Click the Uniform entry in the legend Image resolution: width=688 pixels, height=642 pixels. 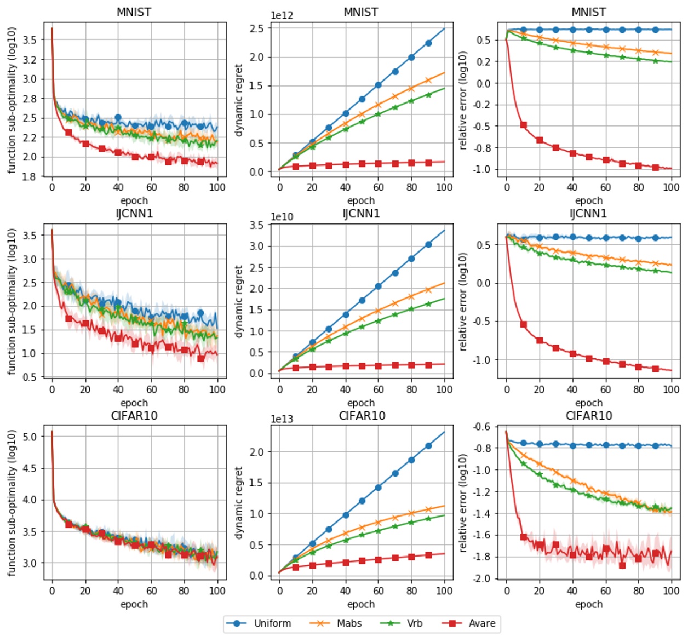tap(272, 623)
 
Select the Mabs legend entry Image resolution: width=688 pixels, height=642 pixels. tap(349, 623)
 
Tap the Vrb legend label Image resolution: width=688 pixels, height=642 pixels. tap(415, 623)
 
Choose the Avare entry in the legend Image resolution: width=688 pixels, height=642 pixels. tap(481, 623)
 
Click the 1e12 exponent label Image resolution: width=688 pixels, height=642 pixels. tap(282, 15)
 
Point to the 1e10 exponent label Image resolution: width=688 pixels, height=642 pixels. tap(282, 217)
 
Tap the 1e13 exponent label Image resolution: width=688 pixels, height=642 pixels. tap(282, 419)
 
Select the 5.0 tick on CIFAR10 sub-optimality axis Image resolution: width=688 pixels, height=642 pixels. tap(30, 437)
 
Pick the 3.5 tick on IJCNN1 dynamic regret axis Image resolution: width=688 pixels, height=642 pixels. tap(256, 225)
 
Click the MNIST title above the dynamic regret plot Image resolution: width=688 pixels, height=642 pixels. tap(360, 12)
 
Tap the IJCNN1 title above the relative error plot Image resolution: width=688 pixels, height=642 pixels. tap(588, 214)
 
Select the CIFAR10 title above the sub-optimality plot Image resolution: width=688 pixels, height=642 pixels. tap(134, 416)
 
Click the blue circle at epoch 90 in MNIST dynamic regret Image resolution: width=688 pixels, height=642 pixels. tap(428, 43)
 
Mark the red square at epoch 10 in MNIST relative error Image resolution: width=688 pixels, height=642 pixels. tap(523, 125)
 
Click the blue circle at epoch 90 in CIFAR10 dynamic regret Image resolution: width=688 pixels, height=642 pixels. tap(428, 446)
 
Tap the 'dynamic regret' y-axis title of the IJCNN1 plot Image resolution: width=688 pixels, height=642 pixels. tap(238, 301)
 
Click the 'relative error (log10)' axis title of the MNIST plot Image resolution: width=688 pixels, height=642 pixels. tap(463, 100)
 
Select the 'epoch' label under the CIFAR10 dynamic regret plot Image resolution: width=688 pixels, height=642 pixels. tap(361, 604)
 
